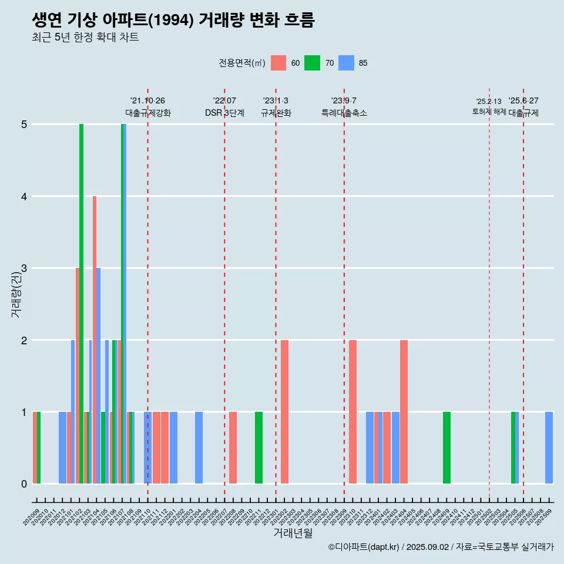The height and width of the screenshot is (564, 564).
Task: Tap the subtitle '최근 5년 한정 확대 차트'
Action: pos(85,38)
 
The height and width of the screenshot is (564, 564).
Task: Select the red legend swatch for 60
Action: pos(278,63)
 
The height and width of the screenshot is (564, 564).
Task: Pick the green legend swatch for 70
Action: pos(312,63)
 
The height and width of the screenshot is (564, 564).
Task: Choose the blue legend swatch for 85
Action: pos(346,63)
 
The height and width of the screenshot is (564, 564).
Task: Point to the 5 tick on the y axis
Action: pos(23,125)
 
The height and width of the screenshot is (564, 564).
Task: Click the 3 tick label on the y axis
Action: pos(23,268)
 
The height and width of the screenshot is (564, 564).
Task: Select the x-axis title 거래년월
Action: pos(293,533)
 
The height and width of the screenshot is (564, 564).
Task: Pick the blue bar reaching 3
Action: pos(99,376)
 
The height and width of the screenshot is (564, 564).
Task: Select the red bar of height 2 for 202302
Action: pos(284,411)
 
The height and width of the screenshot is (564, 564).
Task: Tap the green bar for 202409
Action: pos(446,448)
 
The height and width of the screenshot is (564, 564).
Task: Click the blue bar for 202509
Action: pos(549,448)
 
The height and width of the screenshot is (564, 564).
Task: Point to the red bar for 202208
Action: pos(233,448)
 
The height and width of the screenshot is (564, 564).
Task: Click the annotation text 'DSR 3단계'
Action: pos(224,113)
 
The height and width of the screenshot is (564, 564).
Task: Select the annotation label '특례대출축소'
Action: pos(344,113)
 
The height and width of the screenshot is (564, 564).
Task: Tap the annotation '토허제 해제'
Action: pos(489,111)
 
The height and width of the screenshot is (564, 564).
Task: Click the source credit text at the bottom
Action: pos(441,547)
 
